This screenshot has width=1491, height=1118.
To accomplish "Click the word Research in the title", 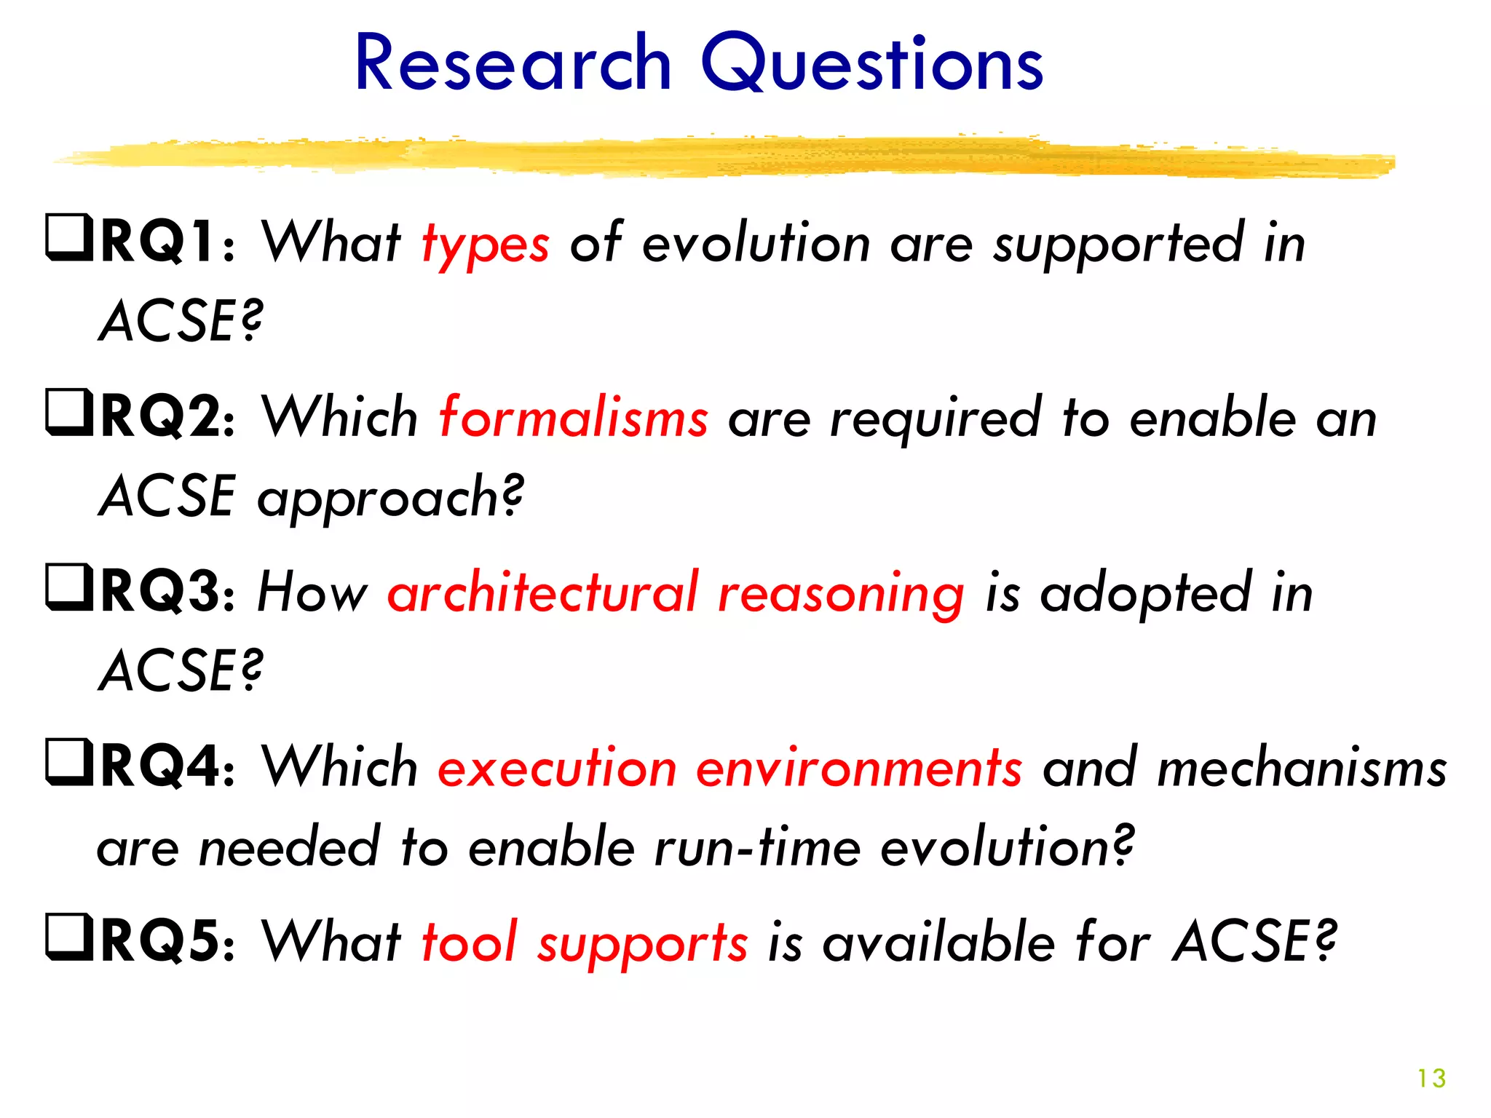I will click(x=513, y=64).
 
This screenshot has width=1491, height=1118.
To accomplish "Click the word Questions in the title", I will click(x=872, y=66).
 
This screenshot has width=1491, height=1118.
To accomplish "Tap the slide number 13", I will click(x=1431, y=1078).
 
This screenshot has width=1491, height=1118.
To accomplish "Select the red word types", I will click(x=486, y=246).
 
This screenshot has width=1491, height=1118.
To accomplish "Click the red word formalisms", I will click(x=574, y=418).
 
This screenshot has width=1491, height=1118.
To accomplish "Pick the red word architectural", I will click(x=542, y=592).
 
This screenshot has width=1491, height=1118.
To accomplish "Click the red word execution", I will click(x=558, y=769).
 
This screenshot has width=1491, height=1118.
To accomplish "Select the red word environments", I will click(x=859, y=769).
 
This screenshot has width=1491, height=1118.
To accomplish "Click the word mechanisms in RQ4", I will click(x=1302, y=769).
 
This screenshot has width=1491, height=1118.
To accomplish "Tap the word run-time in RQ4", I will click(x=757, y=847).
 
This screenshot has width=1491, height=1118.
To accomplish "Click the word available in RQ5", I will click(x=939, y=942).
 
